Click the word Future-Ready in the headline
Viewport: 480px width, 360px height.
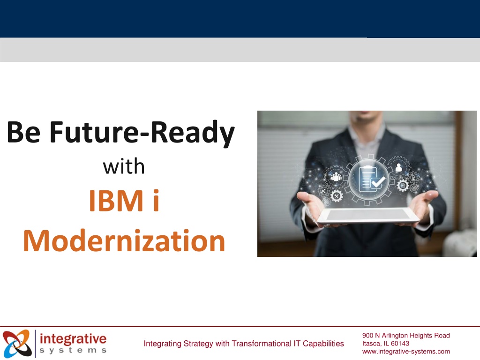tap(142, 133)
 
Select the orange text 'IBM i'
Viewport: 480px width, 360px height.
tap(124, 201)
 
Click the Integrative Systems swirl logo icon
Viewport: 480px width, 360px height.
tap(17, 344)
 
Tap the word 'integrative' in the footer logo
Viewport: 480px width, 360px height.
tap(73, 339)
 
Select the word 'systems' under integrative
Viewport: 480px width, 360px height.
tap(73, 350)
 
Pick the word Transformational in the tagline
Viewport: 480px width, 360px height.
tap(262, 344)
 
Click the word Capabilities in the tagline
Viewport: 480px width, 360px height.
tap(323, 344)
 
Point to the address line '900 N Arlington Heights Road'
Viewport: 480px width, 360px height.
tap(406, 336)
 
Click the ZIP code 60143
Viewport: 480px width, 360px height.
tap(400, 344)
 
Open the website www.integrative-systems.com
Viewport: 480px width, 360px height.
tap(406, 352)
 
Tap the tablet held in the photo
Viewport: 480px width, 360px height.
tap(368, 216)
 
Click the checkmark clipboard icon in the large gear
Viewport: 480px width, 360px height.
tap(369, 179)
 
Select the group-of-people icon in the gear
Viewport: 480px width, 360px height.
tap(336, 177)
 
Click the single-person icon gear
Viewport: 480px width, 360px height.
tap(398, 167)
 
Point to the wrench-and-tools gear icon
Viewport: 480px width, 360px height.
tap(337, 196)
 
